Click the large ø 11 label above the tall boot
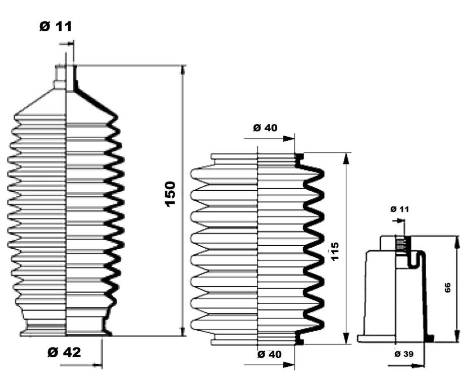point(56,26)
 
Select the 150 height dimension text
point(170,194)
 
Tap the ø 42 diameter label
point(64,352)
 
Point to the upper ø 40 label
point(265,128)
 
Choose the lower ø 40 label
point(269,354)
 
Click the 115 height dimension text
point(335,251)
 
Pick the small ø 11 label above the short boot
point(399,209)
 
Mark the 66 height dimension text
point(447,288)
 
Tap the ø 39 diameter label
point(404,354)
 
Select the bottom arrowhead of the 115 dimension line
point(345,339)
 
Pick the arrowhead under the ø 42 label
point(97,365)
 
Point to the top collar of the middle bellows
point(257,157)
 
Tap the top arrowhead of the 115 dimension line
point(345,159)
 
